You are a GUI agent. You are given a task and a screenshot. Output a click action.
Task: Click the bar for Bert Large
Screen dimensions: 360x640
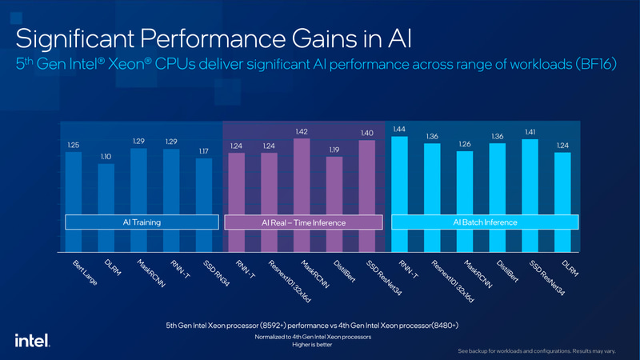pos(74,192)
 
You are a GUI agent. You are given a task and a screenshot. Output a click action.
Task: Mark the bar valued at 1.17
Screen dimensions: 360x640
pos(204,196)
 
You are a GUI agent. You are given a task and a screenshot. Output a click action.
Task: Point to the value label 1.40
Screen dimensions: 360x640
pos(367,133)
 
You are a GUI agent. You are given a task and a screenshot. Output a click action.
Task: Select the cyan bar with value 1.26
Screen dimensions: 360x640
pos(465,192)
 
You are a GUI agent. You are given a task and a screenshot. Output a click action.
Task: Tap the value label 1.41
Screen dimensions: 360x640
pos(530,132)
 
